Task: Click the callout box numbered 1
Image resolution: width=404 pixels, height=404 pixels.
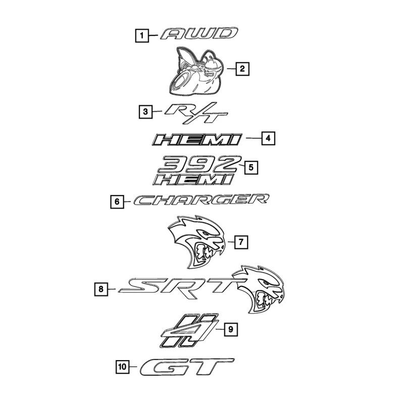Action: [x=142, y=35]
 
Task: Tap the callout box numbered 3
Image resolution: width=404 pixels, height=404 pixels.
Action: [x=145, y=111]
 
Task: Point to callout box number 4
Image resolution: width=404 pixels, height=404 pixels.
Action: [x=268, y=138]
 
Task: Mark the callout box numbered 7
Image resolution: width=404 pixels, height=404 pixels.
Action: [x=241, y=242]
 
